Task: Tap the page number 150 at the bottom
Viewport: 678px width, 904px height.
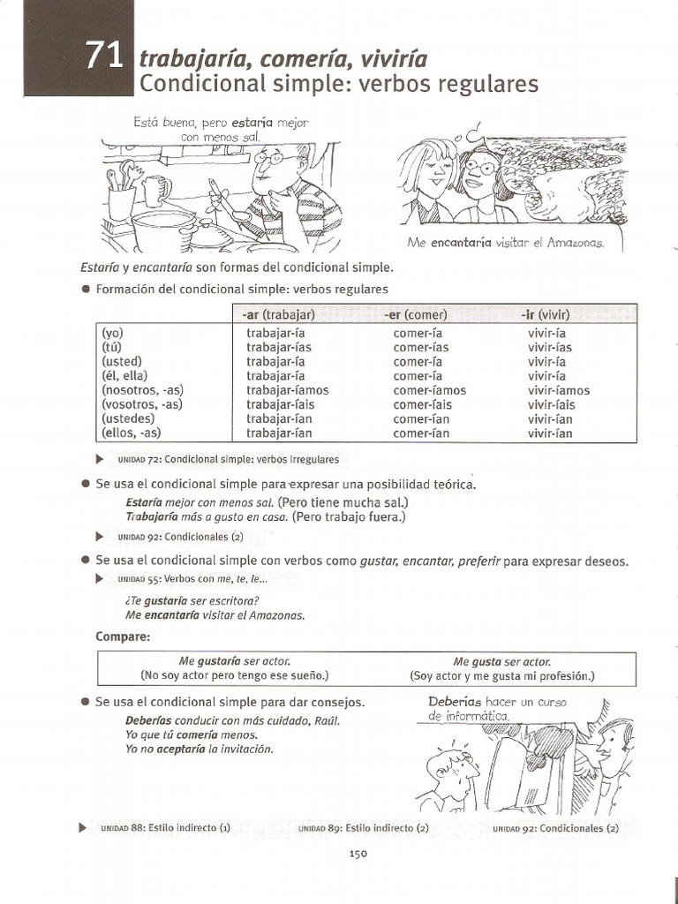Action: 358,853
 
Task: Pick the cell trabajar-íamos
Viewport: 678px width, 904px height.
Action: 287,390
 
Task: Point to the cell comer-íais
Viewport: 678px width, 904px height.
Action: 425,404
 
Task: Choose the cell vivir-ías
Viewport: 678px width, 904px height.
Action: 550,347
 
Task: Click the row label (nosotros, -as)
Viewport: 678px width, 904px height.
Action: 142,390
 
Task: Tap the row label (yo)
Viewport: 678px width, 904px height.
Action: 113,333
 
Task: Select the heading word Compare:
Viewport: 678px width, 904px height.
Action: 123,637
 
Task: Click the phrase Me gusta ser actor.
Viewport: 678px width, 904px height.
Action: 501,661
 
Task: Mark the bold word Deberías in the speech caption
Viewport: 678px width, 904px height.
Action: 455,703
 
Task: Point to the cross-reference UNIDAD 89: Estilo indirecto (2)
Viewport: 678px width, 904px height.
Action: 363,828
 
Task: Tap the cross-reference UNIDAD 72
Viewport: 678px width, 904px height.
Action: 228,460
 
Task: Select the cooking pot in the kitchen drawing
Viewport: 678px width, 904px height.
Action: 162,229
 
